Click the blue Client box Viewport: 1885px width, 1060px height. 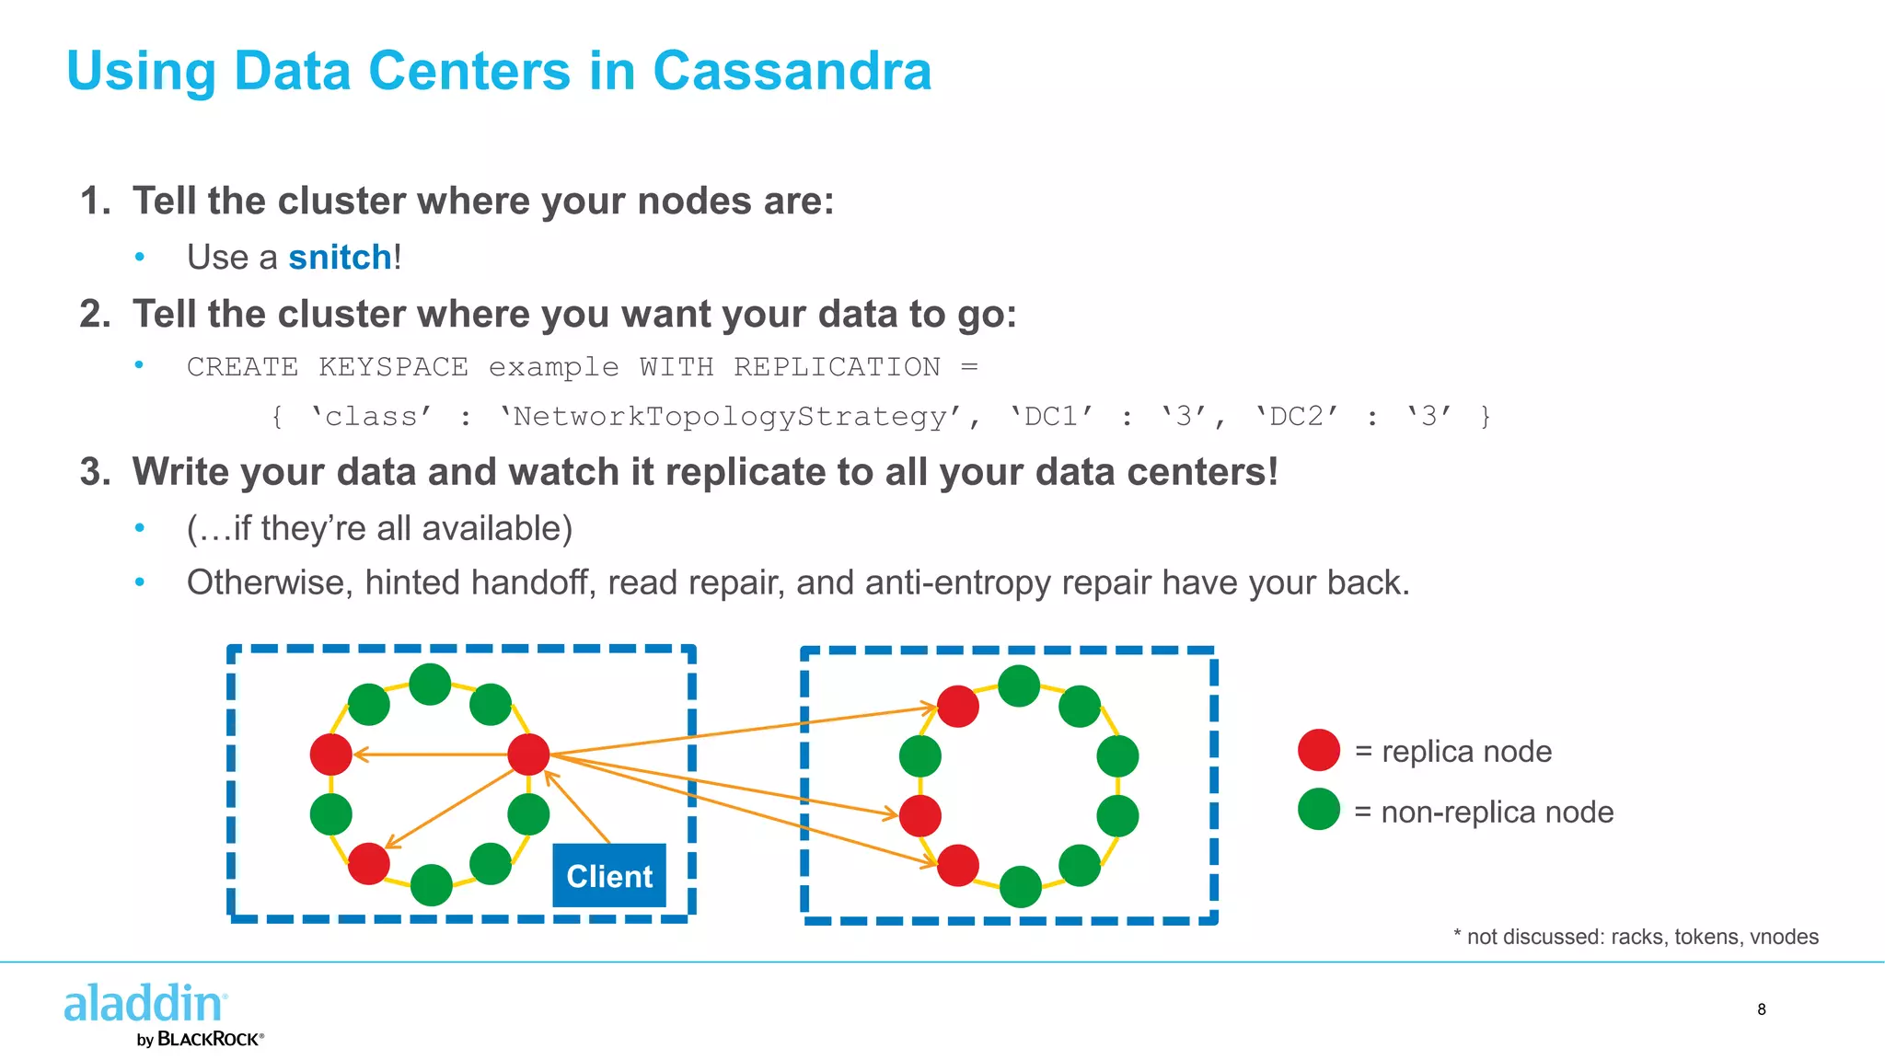[x=608, y=875]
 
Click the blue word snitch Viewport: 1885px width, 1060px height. [x=340, y=258]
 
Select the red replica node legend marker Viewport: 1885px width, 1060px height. [x=1318, y=750]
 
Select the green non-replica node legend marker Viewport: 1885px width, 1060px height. [x=1318, y=810]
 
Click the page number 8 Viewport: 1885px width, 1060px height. [x=1761, y=1009]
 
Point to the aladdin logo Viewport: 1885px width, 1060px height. [x=145, y=1003]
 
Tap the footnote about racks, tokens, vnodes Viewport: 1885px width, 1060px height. [x=1636, y=937]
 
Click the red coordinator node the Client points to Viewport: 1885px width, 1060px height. [x=528, y=755]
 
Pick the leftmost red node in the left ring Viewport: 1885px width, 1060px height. [x=331, y=755]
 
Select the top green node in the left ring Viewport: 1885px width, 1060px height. [x=430, y=684]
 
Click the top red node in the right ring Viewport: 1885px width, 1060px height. [x=957, y=707]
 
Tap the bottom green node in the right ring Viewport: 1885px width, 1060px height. [x=1020, y=887]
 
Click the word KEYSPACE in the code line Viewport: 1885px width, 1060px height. [x=393, y=367]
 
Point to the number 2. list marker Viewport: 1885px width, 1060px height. [x=96, y=314]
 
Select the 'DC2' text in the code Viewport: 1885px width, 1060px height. [x=1296, y=417]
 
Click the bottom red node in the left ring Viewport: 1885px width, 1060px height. [x=369, y=864]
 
